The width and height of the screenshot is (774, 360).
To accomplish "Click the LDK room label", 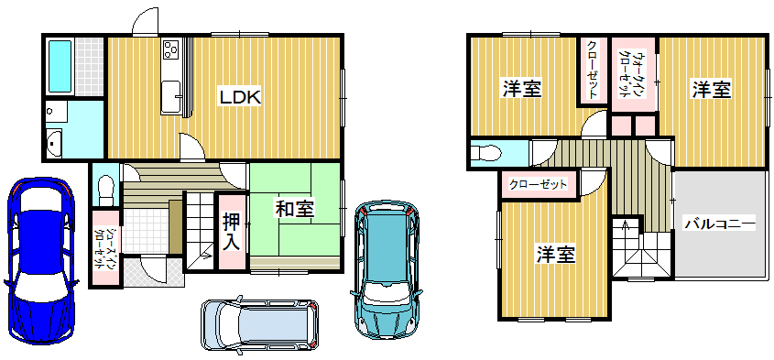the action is (240, 97).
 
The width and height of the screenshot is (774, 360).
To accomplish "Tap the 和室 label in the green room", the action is (294, 210).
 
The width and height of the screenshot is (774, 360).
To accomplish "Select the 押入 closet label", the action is (232, 232).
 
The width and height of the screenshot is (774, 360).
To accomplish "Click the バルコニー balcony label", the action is (720, 224).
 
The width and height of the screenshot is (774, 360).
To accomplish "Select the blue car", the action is (39, 261).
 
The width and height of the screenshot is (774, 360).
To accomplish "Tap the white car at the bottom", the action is (259, 323).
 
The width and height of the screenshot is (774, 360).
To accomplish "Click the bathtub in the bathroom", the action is (60, 66).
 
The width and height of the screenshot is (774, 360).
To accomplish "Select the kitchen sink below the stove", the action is (171, 97).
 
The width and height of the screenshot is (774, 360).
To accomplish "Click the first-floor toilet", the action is (105, 191).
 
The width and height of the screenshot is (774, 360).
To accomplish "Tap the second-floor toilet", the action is (485, 153).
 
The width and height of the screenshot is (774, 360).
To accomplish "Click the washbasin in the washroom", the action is (54, 143).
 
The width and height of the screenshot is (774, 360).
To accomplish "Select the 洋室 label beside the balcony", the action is (711, 90).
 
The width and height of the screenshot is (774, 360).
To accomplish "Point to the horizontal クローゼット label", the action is (538, 185).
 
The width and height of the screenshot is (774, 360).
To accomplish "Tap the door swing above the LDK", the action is (146, 21).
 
